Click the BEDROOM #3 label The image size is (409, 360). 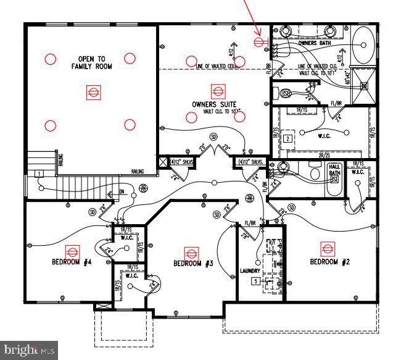point(193,264)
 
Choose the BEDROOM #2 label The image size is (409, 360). point(329,262)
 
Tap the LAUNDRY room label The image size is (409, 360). point(250,271)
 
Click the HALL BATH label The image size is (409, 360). point(334,170)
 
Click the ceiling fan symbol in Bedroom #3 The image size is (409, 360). point(192,253)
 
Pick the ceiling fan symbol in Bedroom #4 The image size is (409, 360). point(73,251)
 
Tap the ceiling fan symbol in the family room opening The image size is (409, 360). point(93,93)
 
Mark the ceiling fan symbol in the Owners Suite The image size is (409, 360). point(216,91)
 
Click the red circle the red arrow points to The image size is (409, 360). point(259,42)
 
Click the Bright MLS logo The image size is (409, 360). point(29,351)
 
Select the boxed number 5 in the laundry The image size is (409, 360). point(254,281)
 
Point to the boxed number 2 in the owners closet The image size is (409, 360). point(287,139)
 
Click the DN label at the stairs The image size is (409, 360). point(121,191)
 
